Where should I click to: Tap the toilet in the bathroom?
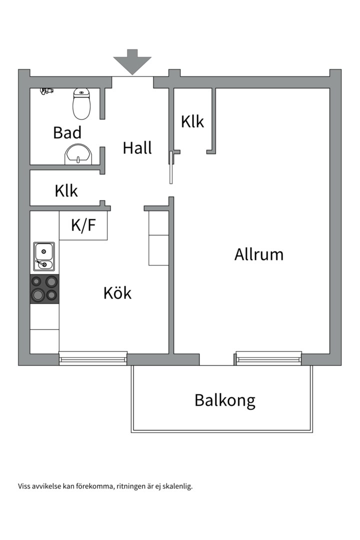81,103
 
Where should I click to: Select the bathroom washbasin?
78,154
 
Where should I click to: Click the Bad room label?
67,133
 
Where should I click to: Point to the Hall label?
137,148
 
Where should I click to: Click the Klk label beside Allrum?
192,121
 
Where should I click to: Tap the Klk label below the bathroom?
66,190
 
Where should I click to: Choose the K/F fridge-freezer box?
83,225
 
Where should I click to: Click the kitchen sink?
44,256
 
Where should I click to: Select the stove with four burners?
44,289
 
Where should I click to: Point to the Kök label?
117,293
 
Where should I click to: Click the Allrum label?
258,254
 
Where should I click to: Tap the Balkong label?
224,400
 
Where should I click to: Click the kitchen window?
93,357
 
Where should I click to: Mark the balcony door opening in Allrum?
217,359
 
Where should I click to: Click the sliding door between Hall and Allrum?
171,167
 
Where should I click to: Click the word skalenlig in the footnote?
177,486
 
